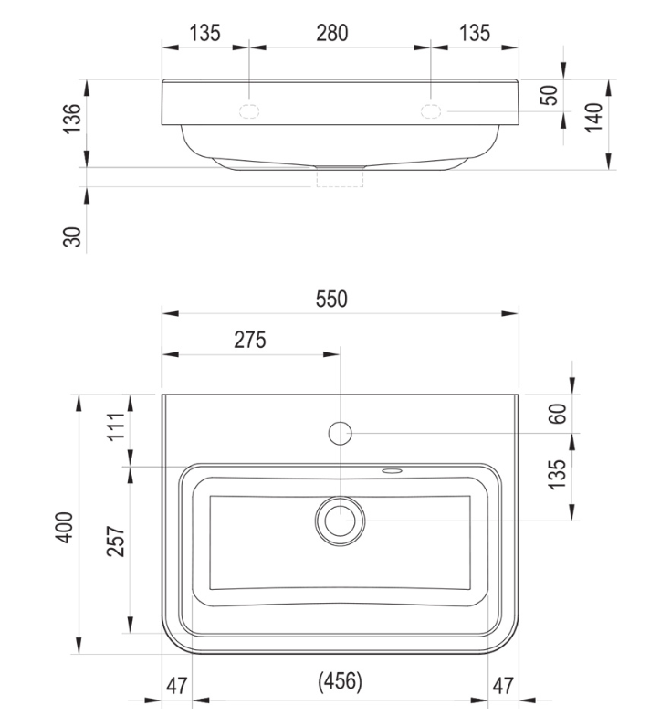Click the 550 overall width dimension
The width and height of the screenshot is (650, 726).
click(x=331, y=300)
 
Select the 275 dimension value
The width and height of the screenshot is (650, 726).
click(x=250, y=340)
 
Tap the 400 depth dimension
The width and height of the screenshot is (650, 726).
click(x=65, y=527)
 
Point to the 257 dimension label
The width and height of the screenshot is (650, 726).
click(x=116, y=541)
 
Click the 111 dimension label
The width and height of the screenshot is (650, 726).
click(x=116, y=426)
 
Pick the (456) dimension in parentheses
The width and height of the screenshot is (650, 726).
click(x=341, y=681)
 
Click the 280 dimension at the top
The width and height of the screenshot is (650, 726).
click(x=332, y=33)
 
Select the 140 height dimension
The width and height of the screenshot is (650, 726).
click(x=594, y=118)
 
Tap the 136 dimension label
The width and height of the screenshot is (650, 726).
click(x=72, y=119)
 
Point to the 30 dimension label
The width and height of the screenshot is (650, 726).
click(x=72, y=237)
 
